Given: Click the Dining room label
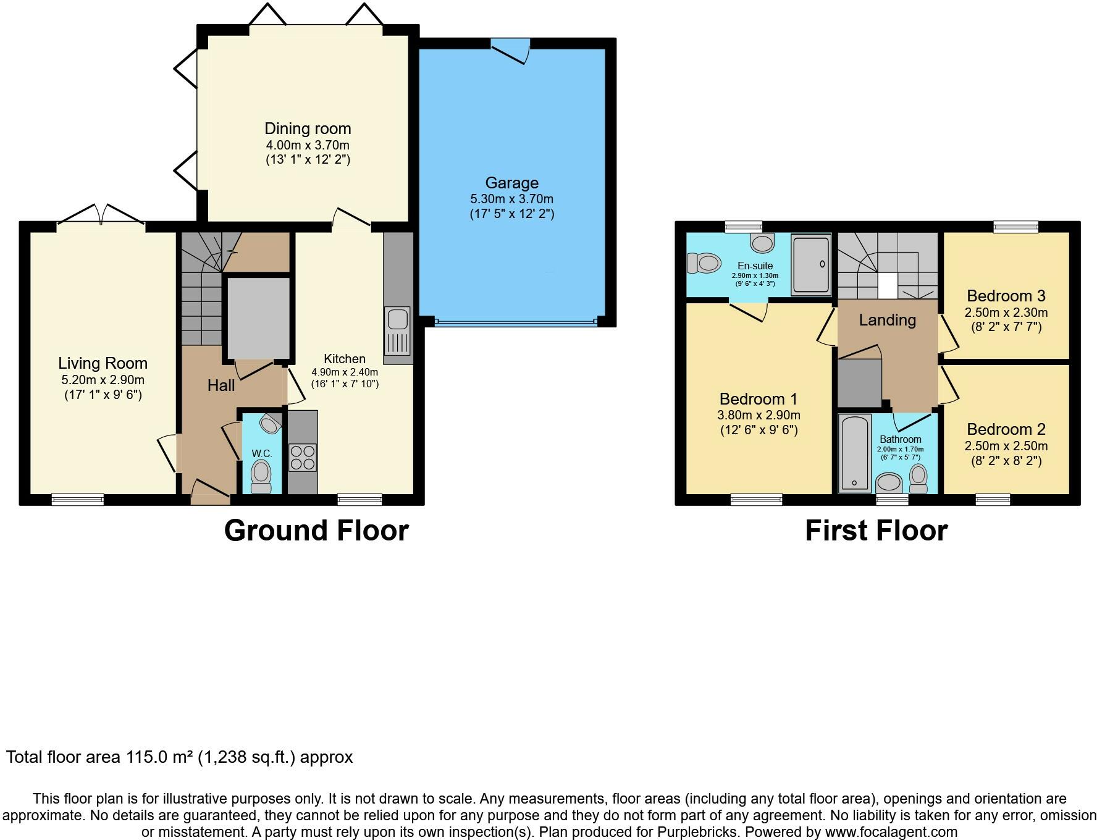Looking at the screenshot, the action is click(x=308, y=128).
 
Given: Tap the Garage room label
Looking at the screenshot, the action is click(x=511, y=183).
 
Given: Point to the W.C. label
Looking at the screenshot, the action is click(x=262, y=453).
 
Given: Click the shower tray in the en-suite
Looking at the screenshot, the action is click(x=811, y=264).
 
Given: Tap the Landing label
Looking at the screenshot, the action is click(x=888, y=320).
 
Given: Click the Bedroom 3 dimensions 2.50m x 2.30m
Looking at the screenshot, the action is click(x=1006, y=313).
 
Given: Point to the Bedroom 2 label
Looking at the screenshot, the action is click(x=1006, y=429).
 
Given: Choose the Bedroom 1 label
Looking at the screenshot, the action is click(x=759, y=399).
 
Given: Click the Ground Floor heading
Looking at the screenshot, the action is click(x=316, y=531).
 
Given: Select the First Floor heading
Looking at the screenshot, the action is click(x=876, y=531).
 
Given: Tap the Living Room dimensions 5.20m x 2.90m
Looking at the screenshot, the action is click(x=103, y=380).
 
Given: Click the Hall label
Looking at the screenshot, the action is click(x=221, y=385).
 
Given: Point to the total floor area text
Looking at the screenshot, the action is click(x=180, y=757).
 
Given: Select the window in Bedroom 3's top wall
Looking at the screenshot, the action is click(x=1016, y=227).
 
